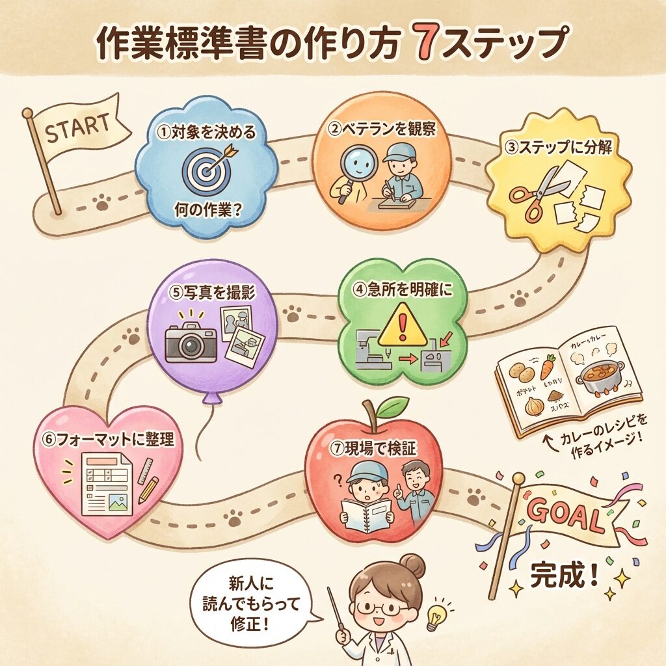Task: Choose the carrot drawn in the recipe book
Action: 548,367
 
